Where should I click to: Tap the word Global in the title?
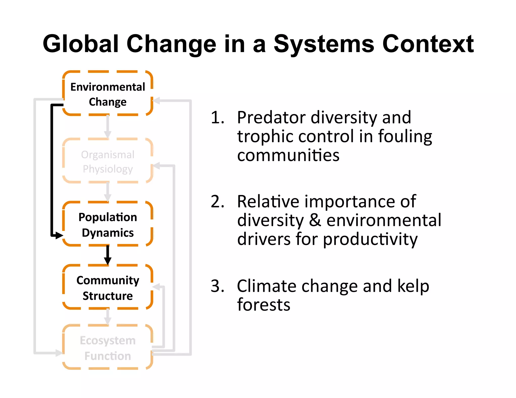click(81, 44)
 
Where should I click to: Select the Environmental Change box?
click(108, 94)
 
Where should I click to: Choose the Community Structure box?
click(108, 288)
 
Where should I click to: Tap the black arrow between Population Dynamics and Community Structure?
click(108, 255)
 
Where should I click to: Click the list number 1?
click(217, 117)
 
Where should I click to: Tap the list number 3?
click(217, 286)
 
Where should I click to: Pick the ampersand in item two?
click(315, 220)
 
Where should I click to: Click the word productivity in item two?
click(370, 240)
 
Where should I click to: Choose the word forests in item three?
click(264, 305)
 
